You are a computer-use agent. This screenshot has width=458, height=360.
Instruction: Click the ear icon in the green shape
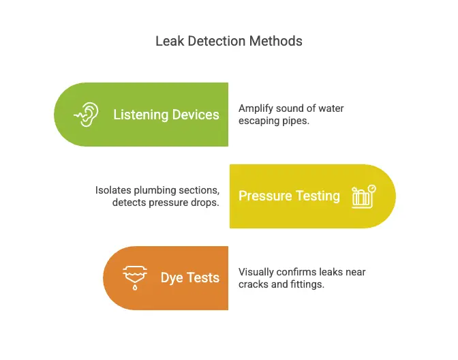coord(87,115)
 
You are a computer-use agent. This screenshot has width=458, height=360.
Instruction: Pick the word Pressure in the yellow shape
coord(265,196)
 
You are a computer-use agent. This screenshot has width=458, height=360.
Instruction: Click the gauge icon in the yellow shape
coord(363,196)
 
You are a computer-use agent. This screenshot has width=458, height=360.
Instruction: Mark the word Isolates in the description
coord(113,190)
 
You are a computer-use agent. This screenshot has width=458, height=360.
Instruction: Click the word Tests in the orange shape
coord(204,277)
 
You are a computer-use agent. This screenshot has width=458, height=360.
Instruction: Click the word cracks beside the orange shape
coord(253,284)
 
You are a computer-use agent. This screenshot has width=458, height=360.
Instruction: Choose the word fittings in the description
coord(306,284)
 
